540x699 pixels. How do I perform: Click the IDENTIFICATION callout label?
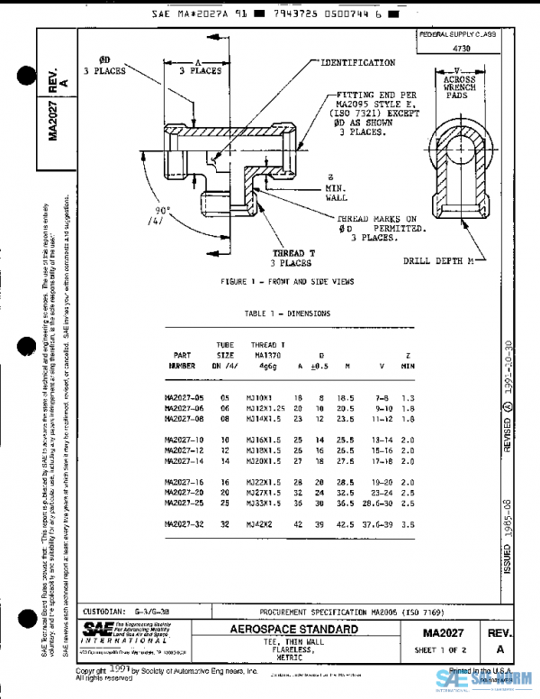[357, 63]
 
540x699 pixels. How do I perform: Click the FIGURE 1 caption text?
[288, 282]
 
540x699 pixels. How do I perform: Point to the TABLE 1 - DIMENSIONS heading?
[286, 313]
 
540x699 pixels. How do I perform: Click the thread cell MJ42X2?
[264, 523]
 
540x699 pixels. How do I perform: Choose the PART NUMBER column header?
[183, 361]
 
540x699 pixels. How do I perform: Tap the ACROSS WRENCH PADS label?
[459, 86]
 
